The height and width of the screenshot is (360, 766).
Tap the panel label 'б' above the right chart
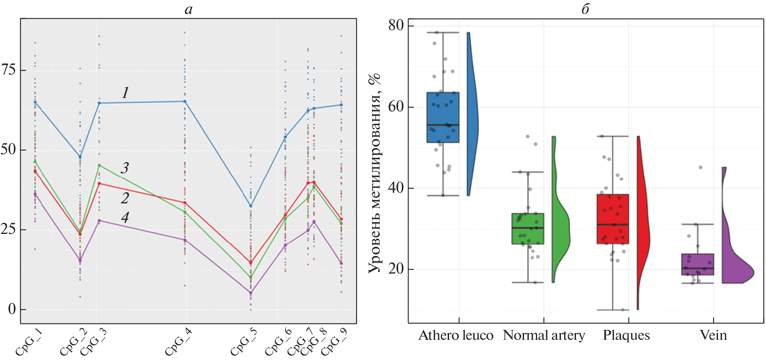coord(586,9)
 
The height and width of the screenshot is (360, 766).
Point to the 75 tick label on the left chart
coord(8,70)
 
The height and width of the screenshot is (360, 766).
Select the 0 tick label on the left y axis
coord(12,309)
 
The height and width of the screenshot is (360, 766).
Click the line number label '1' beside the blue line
coord(125,92)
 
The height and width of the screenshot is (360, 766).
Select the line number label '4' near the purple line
coord(125,217)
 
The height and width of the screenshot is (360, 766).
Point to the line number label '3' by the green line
coord(125,168)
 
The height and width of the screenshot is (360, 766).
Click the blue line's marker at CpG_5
coord(250,206)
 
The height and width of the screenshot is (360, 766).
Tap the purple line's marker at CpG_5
coord(250,293)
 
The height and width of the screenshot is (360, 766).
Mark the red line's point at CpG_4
coord(185,203)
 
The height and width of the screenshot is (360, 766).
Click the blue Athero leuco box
coord(443,117)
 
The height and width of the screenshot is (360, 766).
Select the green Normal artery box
coord(528,229)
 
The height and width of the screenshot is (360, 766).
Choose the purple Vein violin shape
coord(736,270)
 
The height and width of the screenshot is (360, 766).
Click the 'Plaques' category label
coord(626,335)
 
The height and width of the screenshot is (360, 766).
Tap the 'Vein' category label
coord(713,335)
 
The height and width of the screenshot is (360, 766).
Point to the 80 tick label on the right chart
coord(395,26)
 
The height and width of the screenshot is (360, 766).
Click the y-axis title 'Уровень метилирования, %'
coord(374,173)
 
